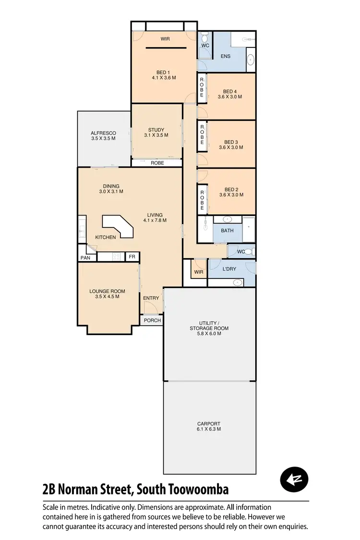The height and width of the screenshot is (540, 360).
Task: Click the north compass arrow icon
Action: coord(294,480)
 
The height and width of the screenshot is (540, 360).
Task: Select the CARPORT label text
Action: coord(209,424)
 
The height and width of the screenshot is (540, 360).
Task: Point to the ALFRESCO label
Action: coord(103,133)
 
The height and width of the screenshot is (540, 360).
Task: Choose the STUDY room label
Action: coord(156,130)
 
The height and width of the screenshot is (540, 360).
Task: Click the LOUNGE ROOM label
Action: coord(107,291)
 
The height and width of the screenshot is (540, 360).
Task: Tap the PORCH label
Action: coord(152,320)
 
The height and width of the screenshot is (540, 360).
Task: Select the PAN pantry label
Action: coord(85,258)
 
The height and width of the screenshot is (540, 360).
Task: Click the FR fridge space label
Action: coord(132,257)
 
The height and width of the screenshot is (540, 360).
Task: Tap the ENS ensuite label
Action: coord(225,56)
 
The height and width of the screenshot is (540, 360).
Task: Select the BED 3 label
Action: coord(231,142)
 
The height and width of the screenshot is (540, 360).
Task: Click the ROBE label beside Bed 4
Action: coord(202,88)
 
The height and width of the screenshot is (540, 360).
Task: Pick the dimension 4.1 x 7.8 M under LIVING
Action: coord(155,220)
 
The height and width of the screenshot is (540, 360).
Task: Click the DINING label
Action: coord(111,186)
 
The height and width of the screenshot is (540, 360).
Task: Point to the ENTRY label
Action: coord(151,298)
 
